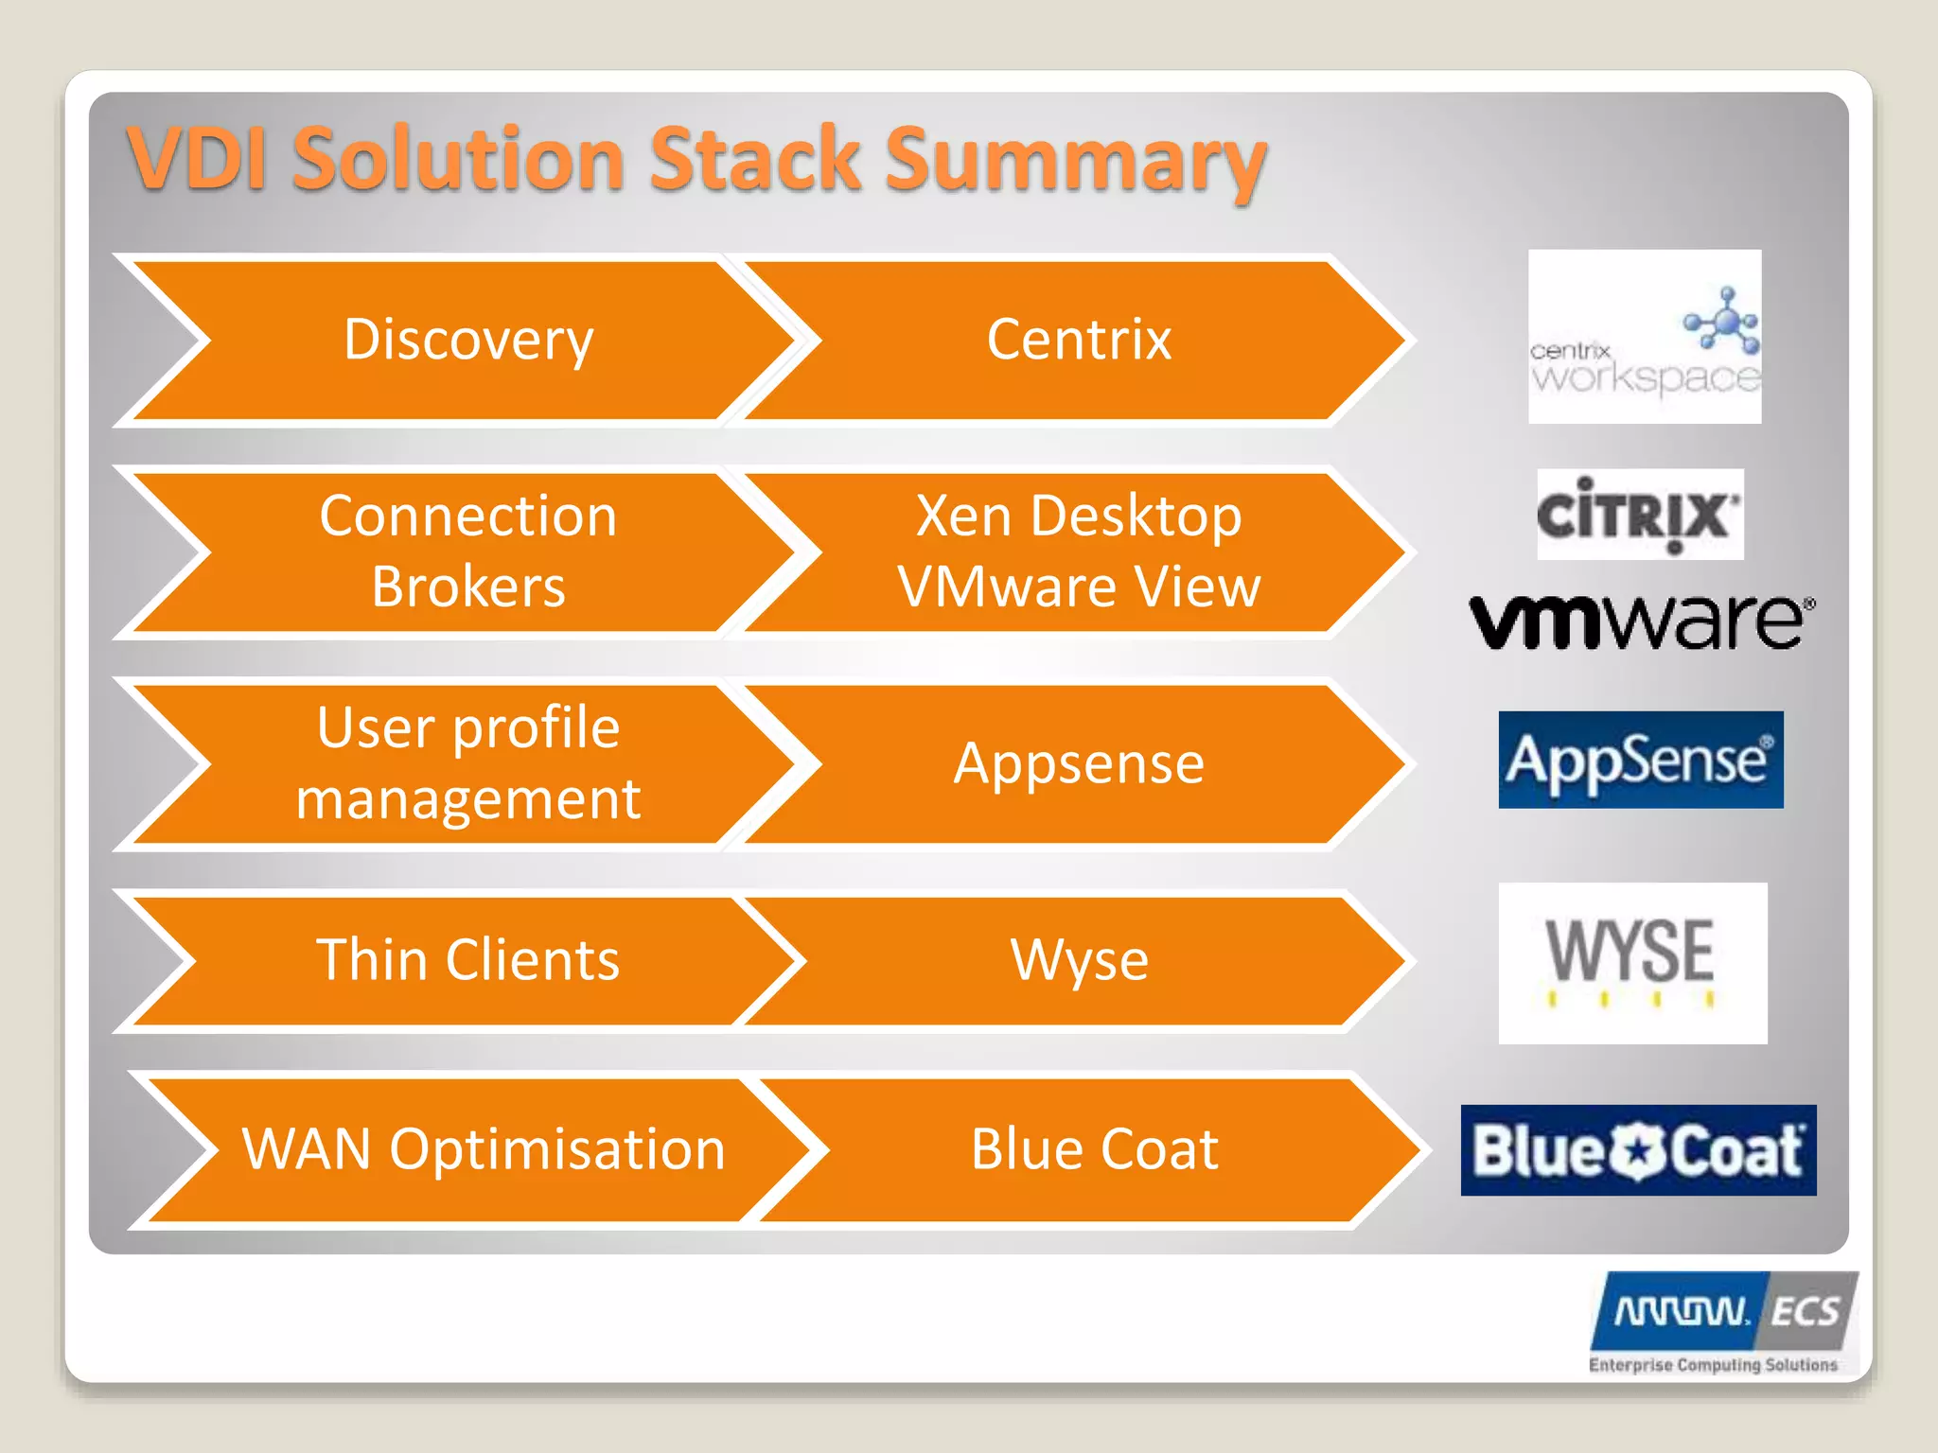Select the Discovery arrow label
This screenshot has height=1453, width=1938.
point(468,340)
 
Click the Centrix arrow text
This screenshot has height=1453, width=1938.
point(1079,340)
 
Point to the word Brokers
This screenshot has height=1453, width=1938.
point(468,587)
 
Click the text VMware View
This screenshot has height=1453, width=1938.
point(1079,587)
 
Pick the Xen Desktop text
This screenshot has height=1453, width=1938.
point(1079,516)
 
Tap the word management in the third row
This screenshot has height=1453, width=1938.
point(468,799)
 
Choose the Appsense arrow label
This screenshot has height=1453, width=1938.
point(1079,763)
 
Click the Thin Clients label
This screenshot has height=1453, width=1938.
point(468,960)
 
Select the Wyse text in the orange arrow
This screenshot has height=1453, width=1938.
point(1079,960)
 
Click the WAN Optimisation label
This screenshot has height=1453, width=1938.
point(484,1149)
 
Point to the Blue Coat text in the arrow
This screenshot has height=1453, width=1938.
point(1094,1149)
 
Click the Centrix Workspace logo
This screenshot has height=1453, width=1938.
point(1644,337)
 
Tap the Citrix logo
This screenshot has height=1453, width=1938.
point(1639,515)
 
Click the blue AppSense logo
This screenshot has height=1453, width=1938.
point(1640,760)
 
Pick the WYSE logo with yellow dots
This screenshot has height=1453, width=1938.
point(1632,962)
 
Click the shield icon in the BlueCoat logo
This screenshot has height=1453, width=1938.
point(1637,1151)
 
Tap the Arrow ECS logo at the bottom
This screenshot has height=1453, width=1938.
point(1722,1321)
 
